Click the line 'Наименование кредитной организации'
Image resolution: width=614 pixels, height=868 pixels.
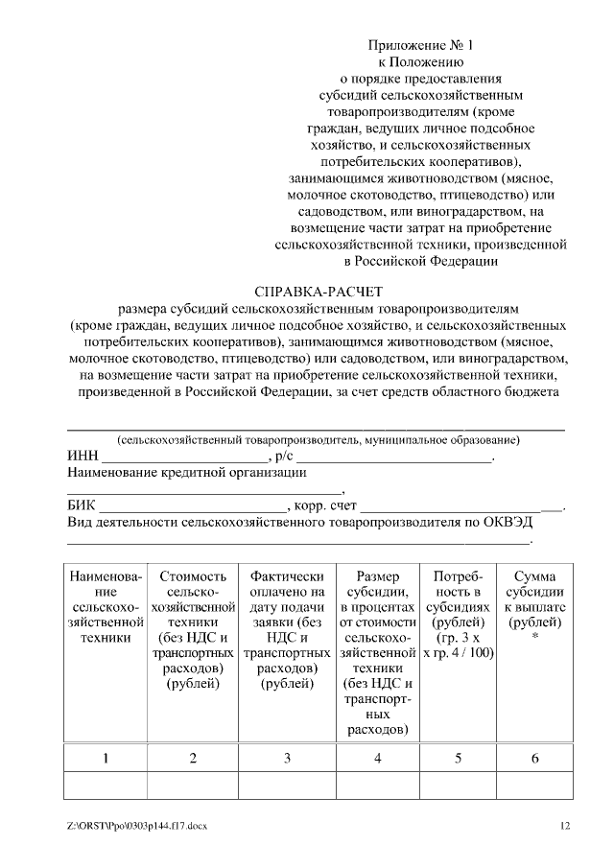tap(187, 473)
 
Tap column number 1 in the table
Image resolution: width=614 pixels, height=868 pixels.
tap(106, 758)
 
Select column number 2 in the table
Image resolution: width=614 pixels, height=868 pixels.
tap(193, 758)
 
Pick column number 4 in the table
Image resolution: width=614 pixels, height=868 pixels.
tap(377, 758)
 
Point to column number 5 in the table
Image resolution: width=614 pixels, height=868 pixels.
tap(459, 758)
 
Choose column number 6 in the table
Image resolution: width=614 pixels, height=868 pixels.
tap(534, 758)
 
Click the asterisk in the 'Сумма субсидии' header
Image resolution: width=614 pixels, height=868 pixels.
tap(534, 638)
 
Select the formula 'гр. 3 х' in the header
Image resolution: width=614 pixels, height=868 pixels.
tap(459, 638)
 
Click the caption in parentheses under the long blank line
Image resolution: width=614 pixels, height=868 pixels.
tap(318, 440)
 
